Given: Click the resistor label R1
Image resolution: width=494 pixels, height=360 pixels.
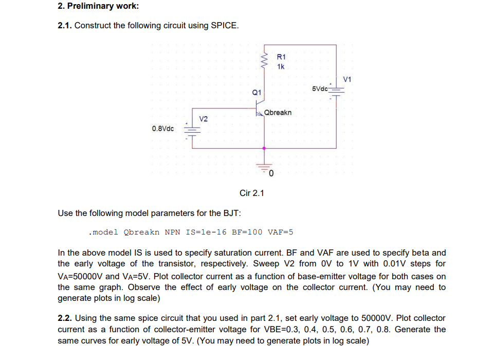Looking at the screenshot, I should coord(281,57).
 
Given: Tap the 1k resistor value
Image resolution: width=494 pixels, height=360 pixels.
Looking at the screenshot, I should coord(281,67).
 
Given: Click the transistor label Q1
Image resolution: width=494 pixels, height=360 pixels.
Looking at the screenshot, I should coord(257,93).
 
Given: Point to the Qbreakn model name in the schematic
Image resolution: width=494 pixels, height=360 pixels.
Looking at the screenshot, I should coord(278,112).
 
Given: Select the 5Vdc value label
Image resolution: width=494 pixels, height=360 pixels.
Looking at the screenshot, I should coord(320,88).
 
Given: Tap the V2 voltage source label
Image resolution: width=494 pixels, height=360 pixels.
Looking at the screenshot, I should coord(203,119).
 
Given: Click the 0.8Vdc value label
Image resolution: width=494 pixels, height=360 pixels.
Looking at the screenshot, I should coord(163,128).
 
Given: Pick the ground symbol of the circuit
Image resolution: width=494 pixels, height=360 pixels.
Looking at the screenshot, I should coord(265,168).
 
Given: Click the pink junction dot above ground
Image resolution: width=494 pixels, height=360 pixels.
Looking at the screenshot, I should coord(265,148).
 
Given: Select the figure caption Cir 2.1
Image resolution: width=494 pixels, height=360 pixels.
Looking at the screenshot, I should coord(251,193).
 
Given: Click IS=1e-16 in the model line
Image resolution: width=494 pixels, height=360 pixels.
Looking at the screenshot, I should coord(199,232).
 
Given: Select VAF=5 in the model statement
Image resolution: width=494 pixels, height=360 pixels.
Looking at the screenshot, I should coord(280,232).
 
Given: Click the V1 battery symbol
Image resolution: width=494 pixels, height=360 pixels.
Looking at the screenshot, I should coord(336,90).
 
